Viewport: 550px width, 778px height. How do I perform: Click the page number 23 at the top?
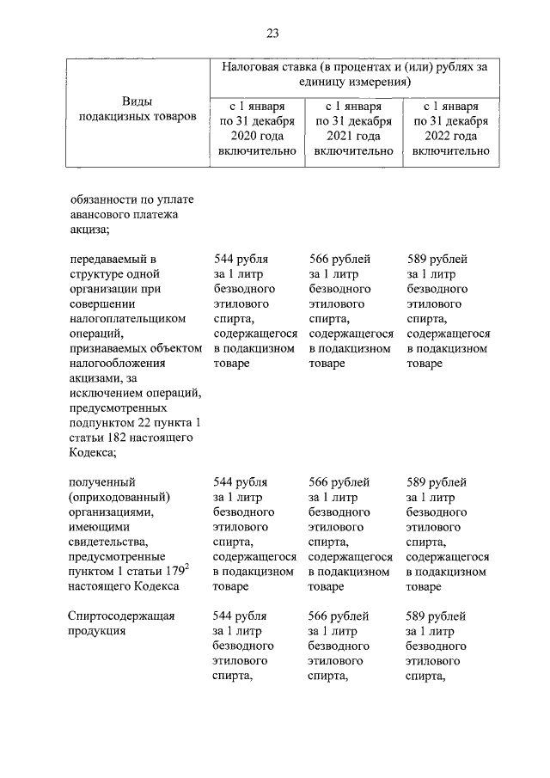(272, 34)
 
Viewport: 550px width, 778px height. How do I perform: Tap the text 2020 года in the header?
(256, 136)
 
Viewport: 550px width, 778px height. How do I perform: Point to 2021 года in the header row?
(353, 136)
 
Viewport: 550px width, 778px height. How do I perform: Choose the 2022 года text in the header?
(451, 136)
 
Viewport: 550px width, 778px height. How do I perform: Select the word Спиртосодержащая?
(121, 616)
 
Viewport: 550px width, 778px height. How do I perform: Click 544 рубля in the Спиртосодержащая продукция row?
(240, 616)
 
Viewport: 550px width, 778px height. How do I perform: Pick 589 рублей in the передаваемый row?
(437, 259)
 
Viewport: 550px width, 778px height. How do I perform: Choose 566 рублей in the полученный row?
(339, 481)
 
